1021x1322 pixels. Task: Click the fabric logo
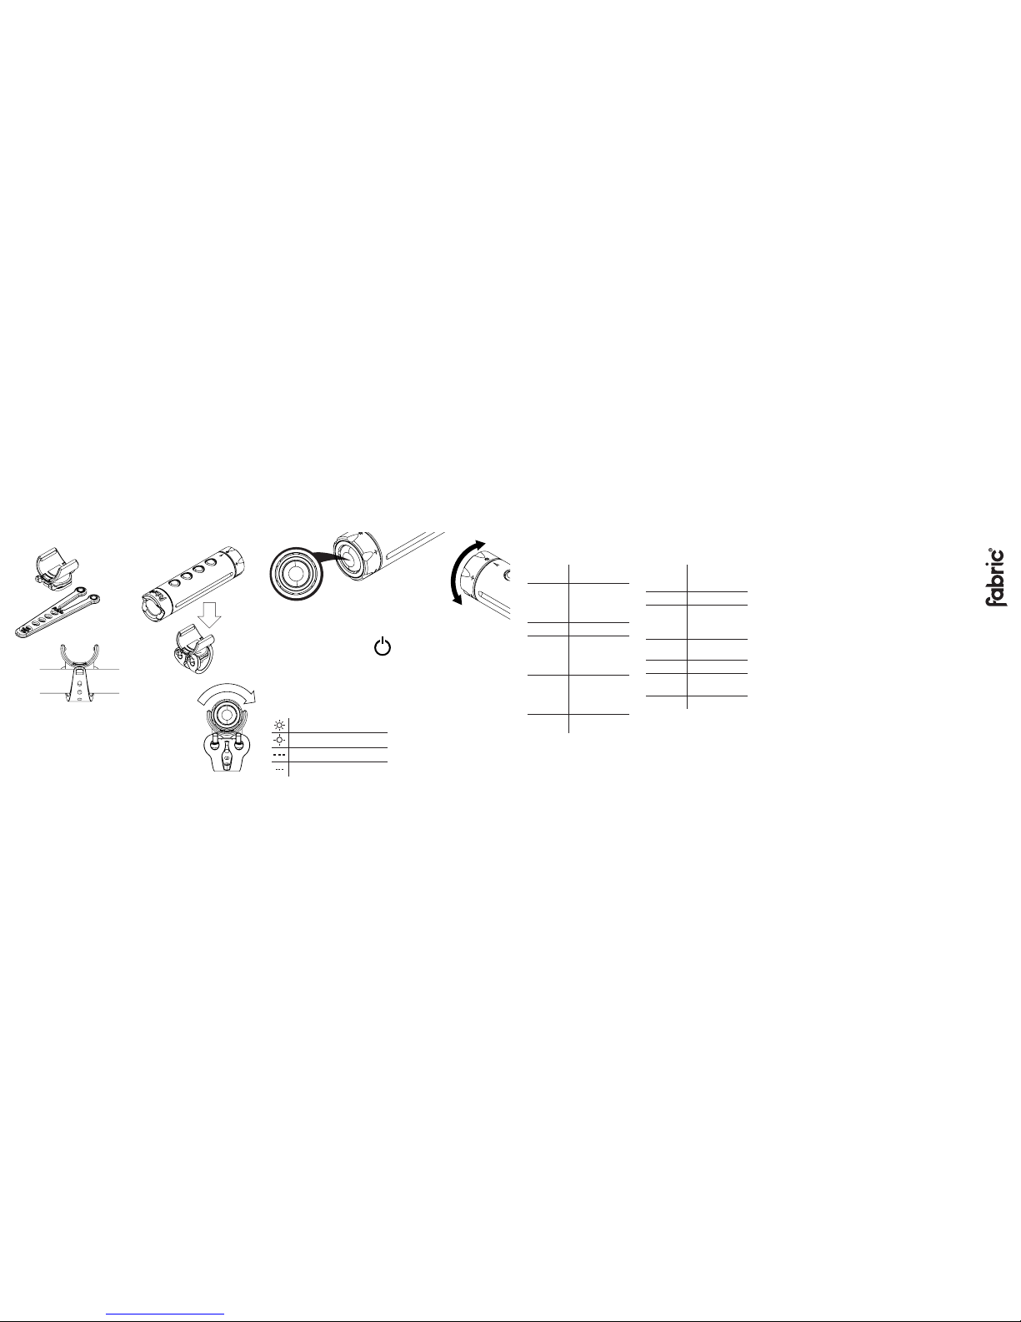point(994,577)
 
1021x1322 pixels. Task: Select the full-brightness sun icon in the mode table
point(279,725)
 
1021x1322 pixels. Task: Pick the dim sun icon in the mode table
point(279,740)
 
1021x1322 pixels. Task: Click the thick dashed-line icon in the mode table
point(279,755)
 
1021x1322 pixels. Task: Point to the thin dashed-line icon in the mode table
point(279,770)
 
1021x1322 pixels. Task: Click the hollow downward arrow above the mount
point(209,615)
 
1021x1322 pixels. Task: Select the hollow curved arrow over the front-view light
point(227,691)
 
